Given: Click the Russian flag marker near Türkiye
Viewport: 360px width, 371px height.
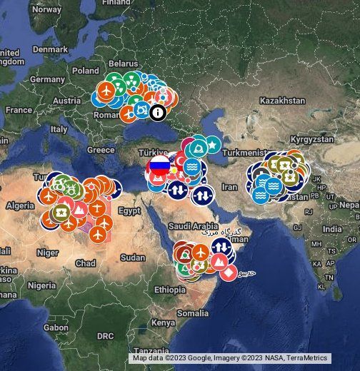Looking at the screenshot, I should [159, 168].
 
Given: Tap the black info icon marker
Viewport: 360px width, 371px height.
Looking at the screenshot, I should [157, 111].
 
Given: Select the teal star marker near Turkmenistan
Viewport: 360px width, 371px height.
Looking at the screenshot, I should [213, 145].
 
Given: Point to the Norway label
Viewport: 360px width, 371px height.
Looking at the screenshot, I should [47, 10].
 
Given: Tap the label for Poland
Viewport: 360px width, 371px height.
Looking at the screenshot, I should [86, 71].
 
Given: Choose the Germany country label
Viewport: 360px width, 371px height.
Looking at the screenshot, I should [47, 79].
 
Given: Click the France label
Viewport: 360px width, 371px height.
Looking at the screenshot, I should [19, 110].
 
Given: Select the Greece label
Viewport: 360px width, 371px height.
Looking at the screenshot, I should [100, 150].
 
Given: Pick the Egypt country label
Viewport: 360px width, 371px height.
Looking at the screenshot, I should [129, 211].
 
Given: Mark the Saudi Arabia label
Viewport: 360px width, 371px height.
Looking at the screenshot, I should [189, 225].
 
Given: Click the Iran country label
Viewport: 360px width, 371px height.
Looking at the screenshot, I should [229, 187].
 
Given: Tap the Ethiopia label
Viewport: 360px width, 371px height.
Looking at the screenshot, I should [169, 290].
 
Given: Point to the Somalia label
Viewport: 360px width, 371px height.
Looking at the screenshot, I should [193, 312].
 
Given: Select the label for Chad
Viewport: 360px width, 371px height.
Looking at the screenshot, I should [85, 263].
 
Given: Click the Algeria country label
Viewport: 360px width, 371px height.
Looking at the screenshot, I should [20, 205].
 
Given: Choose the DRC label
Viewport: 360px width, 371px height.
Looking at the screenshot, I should [105, 335].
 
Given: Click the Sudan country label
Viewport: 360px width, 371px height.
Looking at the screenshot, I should [133, 258].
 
